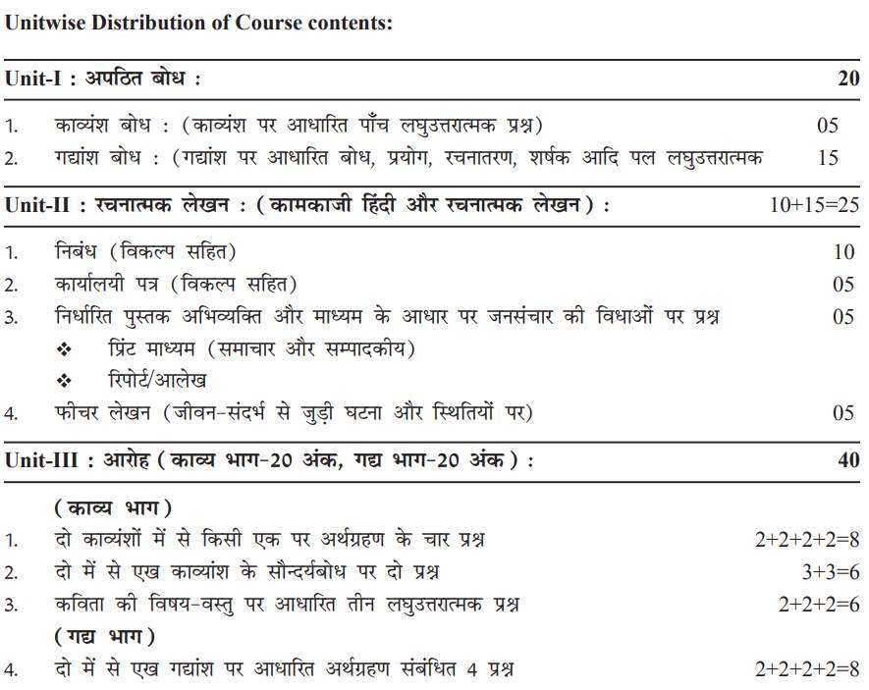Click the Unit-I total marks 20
[848, 80]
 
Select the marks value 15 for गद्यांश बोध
[828, 157]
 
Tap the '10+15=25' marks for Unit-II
[815, 205]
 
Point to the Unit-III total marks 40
[848, 460]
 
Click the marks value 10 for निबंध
[843, 252]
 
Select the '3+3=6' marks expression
[830, 572]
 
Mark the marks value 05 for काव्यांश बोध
[828, 126]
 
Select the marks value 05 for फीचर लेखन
[843, 413]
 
